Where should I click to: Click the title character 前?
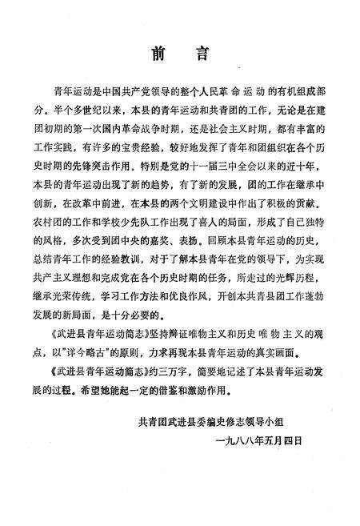click(x=156, y=54)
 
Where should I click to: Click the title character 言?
click(x=202, y=54)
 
